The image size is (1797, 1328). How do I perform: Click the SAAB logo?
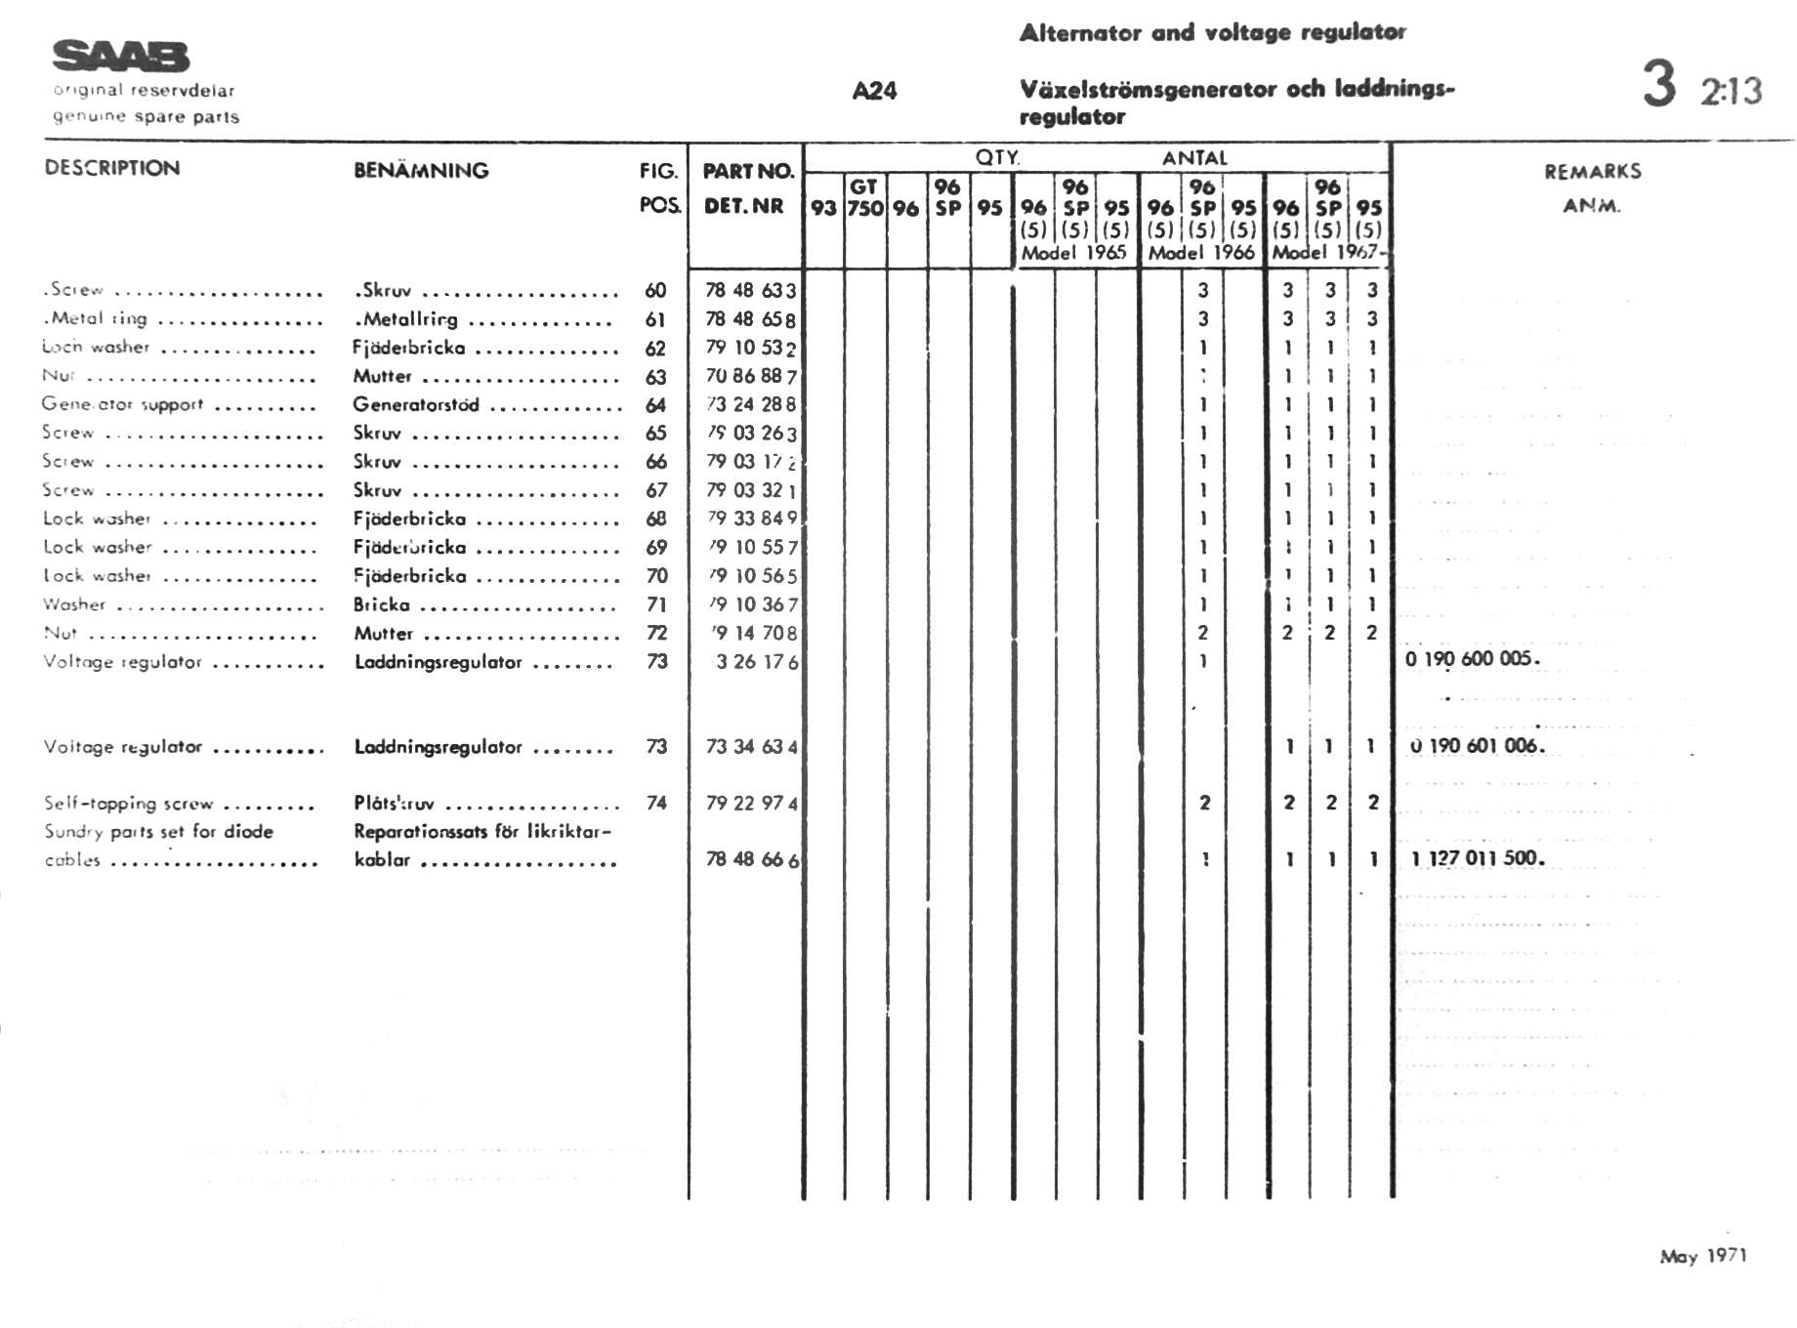[121, 57]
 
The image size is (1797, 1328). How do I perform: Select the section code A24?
[874, 91]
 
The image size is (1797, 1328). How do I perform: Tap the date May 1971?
[1703, 1256]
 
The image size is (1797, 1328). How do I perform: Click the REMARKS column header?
[1592, 172]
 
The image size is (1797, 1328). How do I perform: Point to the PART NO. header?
[748, 172]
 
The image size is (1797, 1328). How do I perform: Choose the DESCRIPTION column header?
[112, 168]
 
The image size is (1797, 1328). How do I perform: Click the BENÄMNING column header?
[421, 171]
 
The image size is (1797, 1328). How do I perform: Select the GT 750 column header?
[865, 198]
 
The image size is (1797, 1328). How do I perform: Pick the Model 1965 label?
[1073, 253]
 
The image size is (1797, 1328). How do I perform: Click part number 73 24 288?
[751, 404]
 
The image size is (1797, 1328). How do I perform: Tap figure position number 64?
[655, 404]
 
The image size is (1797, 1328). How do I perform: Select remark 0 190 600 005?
[1472, 659]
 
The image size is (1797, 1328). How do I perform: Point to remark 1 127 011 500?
[1478, 859]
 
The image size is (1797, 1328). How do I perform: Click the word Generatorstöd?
[416, 404]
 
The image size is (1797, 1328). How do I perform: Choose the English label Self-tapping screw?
[128, 804]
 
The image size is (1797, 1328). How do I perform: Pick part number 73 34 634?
[751, 747]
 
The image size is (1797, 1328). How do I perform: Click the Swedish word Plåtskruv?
[394, 804]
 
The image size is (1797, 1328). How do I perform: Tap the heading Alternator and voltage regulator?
[1212, 32]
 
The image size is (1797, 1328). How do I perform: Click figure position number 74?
[656, 803]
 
